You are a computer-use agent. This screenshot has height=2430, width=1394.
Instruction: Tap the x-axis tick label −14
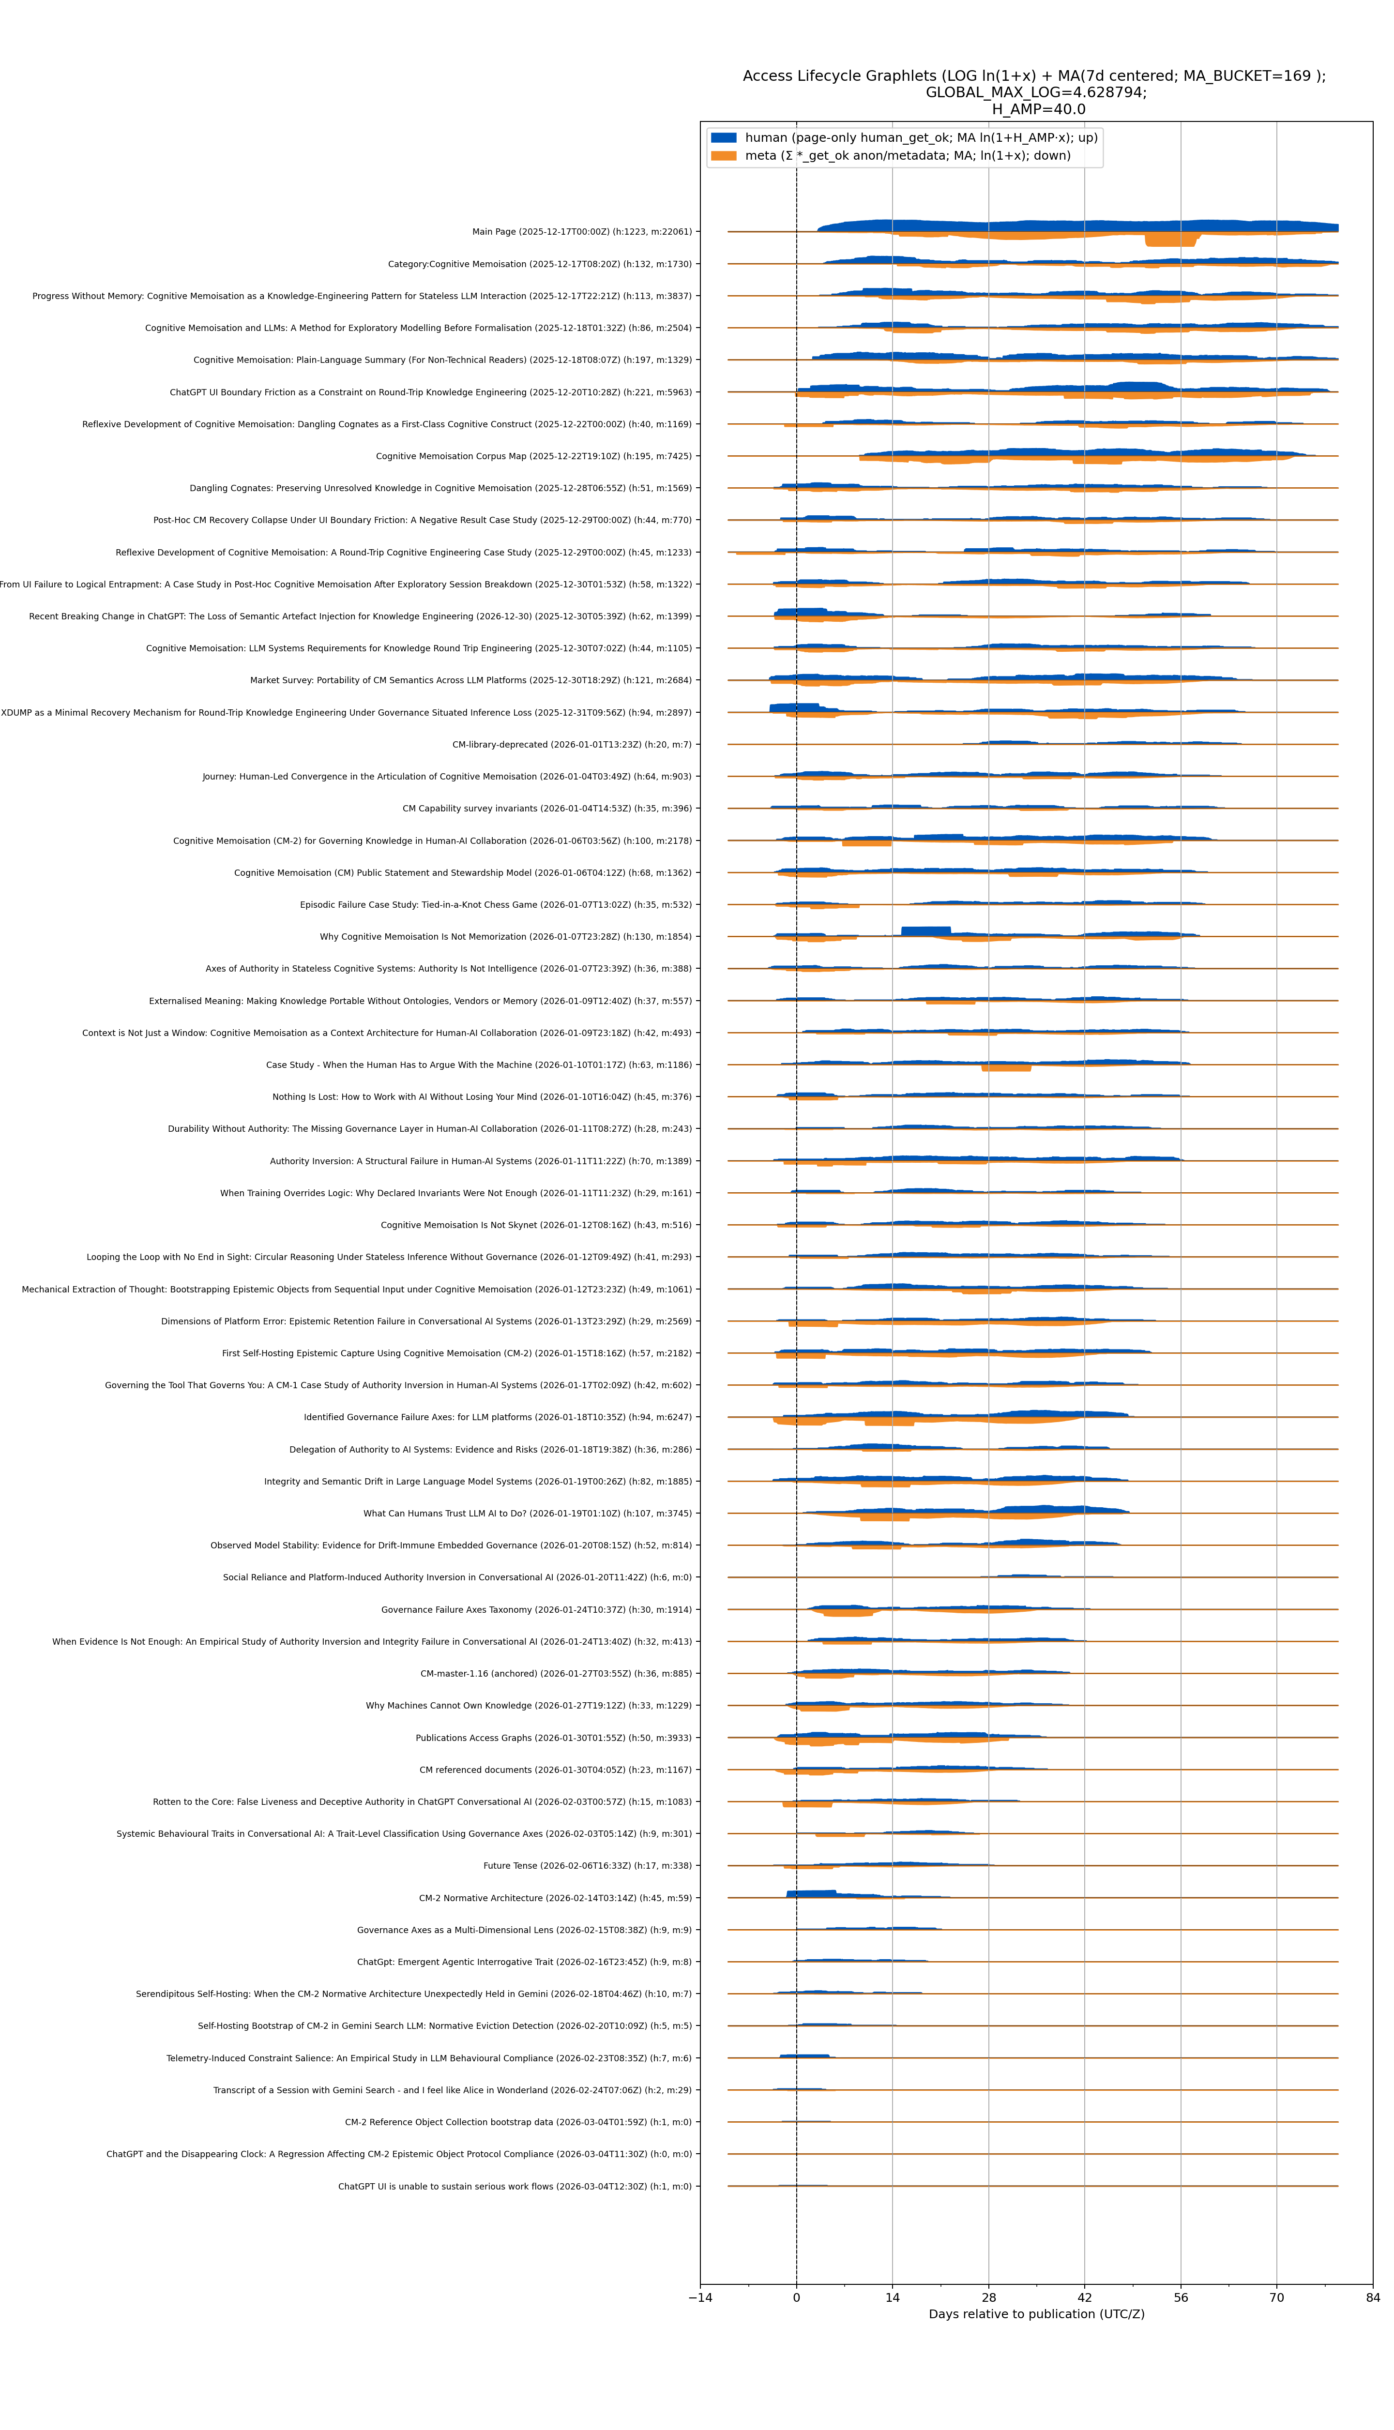pos(700,2297)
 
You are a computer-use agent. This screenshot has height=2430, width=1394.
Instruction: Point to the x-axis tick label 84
pos(1373,2297)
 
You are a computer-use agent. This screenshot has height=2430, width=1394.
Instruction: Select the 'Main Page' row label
pos(581,232)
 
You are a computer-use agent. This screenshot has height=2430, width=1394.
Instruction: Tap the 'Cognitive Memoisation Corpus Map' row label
pos(533,456)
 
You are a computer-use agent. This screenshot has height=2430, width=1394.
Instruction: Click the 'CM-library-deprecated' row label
pos(572,745)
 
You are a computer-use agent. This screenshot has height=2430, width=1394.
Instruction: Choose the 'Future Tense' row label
pos(587,1865)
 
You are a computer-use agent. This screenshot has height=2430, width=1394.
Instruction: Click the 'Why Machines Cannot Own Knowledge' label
pos(529,1706)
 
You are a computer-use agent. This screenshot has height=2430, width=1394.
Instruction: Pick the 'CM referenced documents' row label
pos(555,1770)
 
